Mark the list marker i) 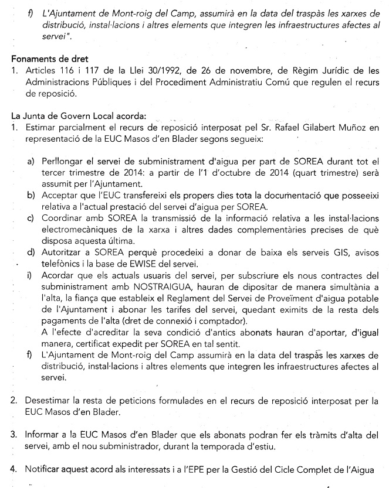[x=29, y=275]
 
